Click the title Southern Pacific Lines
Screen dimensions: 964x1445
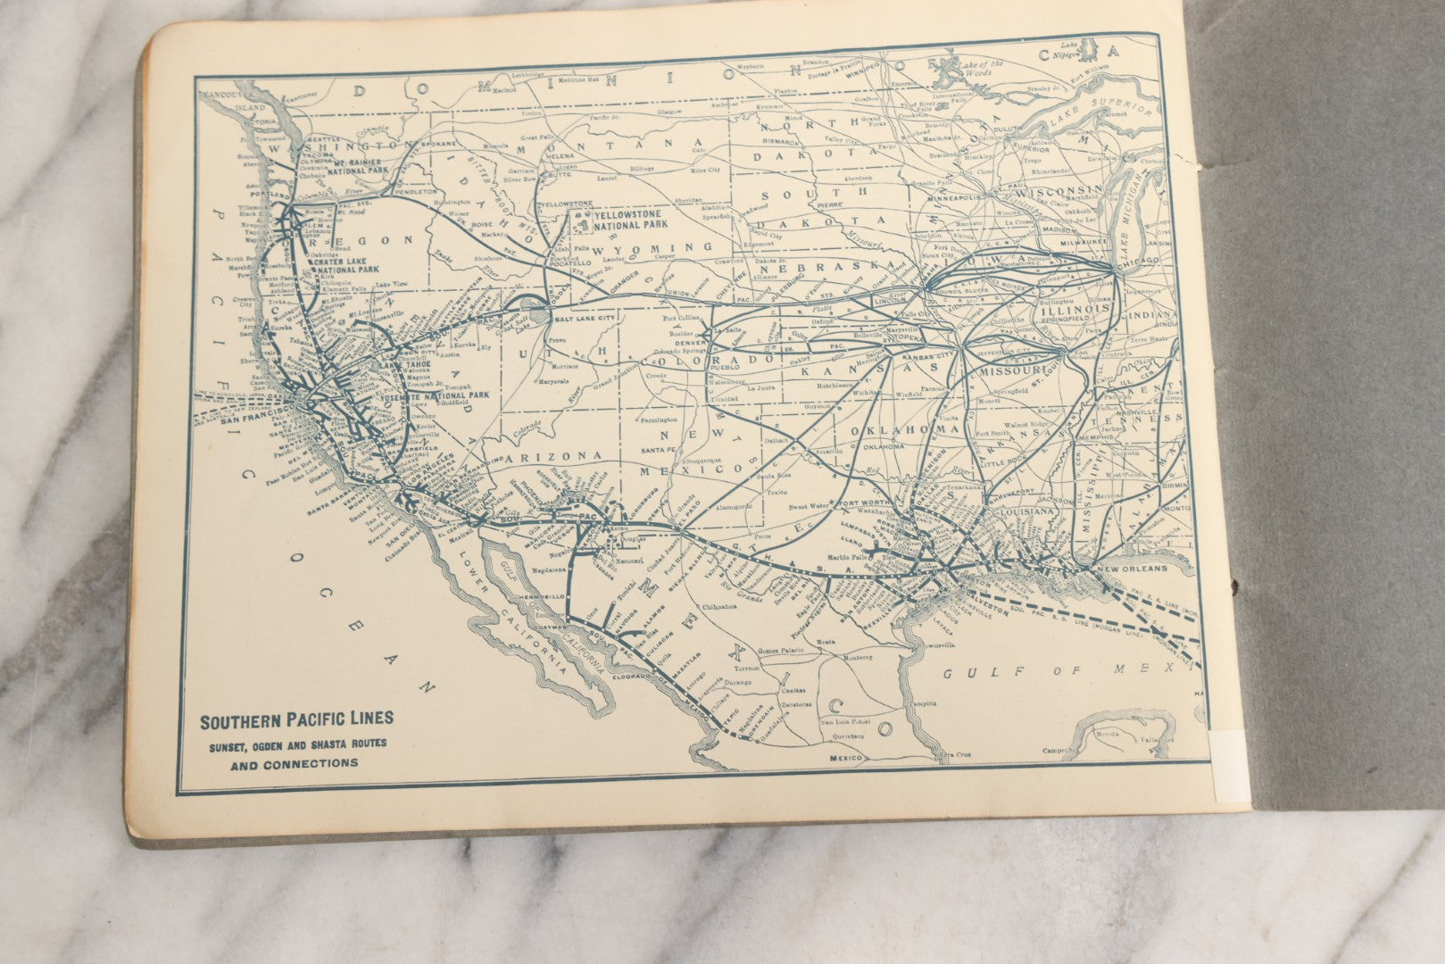pos(295,719)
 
